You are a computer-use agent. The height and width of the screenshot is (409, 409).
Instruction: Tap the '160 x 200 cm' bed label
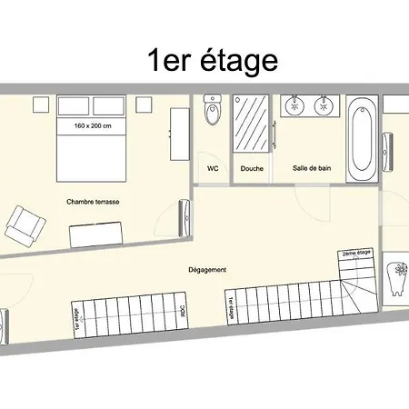93,125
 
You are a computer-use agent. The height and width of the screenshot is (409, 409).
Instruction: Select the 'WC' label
214,168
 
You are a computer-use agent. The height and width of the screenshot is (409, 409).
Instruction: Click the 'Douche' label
252,168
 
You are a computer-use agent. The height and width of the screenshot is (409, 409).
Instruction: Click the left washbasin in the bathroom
294,106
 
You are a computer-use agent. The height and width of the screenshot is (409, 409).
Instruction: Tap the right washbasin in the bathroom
322,106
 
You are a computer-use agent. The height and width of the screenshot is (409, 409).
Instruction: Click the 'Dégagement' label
207,269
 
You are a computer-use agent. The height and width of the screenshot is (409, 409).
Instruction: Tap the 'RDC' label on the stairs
184,309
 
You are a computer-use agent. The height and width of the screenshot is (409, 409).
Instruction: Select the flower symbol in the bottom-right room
397,274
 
